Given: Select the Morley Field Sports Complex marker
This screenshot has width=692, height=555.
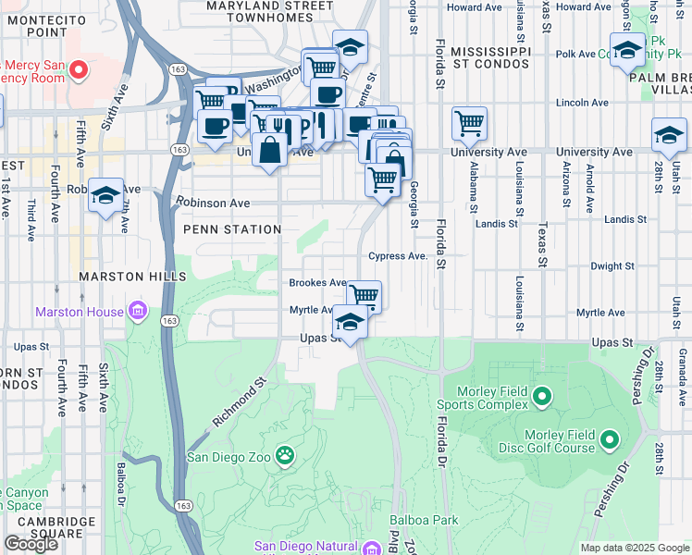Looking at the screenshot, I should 542,399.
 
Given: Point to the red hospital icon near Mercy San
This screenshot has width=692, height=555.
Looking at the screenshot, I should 80,68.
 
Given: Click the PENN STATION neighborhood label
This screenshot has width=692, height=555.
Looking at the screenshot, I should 232,228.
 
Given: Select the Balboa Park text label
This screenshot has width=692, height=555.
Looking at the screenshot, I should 424,520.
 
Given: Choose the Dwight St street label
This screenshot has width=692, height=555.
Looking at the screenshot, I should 612,265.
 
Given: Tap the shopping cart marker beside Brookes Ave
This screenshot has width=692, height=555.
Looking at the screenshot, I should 364,296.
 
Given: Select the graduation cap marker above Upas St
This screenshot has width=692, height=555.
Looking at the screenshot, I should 349,322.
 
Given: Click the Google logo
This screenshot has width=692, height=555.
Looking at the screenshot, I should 31,544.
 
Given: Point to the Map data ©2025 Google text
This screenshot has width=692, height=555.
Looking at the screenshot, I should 635,548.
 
